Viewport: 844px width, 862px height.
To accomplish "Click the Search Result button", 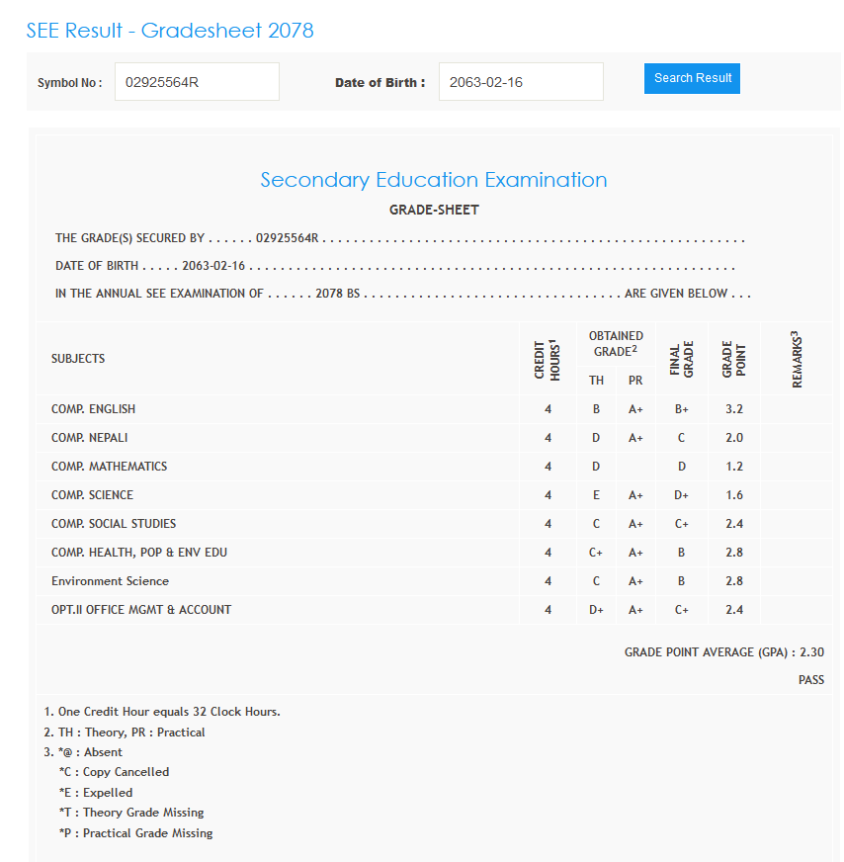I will [x=692, y=78].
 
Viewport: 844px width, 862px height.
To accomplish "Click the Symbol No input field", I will [x=197, y=82].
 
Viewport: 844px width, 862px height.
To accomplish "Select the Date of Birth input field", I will [x=520, y=82].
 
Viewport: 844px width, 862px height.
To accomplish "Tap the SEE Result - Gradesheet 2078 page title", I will [x=170, y=31].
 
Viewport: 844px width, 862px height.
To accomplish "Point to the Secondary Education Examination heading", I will [x=434, y=180].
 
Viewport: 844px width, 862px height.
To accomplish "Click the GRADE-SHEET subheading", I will [x=434, y=211].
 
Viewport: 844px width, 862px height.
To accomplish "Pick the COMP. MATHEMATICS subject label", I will [x=110, y=467].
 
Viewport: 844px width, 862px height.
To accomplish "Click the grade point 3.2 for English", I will [x=733, y=409].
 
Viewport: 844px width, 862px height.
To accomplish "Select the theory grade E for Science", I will [x=596, y=495].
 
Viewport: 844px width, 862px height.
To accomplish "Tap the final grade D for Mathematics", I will [x=681, y=467].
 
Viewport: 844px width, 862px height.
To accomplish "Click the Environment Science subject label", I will [x=110, y=581].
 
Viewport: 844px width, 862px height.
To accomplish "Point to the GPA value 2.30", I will [x=811, y=652].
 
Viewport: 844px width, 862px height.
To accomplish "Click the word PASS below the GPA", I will [x=810, y=680].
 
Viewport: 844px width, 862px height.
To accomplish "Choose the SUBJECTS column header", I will [x=78, y=359].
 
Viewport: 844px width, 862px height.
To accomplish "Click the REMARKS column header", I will [x=796, y=359].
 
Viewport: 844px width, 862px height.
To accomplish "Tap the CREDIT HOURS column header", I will [x=547, y=359].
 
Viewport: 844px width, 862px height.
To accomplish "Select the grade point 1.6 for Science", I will [x=733, y=495].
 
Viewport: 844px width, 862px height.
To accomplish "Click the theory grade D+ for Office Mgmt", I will [x=596, y=610].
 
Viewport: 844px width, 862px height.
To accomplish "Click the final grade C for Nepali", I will [x=681, y=438].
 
